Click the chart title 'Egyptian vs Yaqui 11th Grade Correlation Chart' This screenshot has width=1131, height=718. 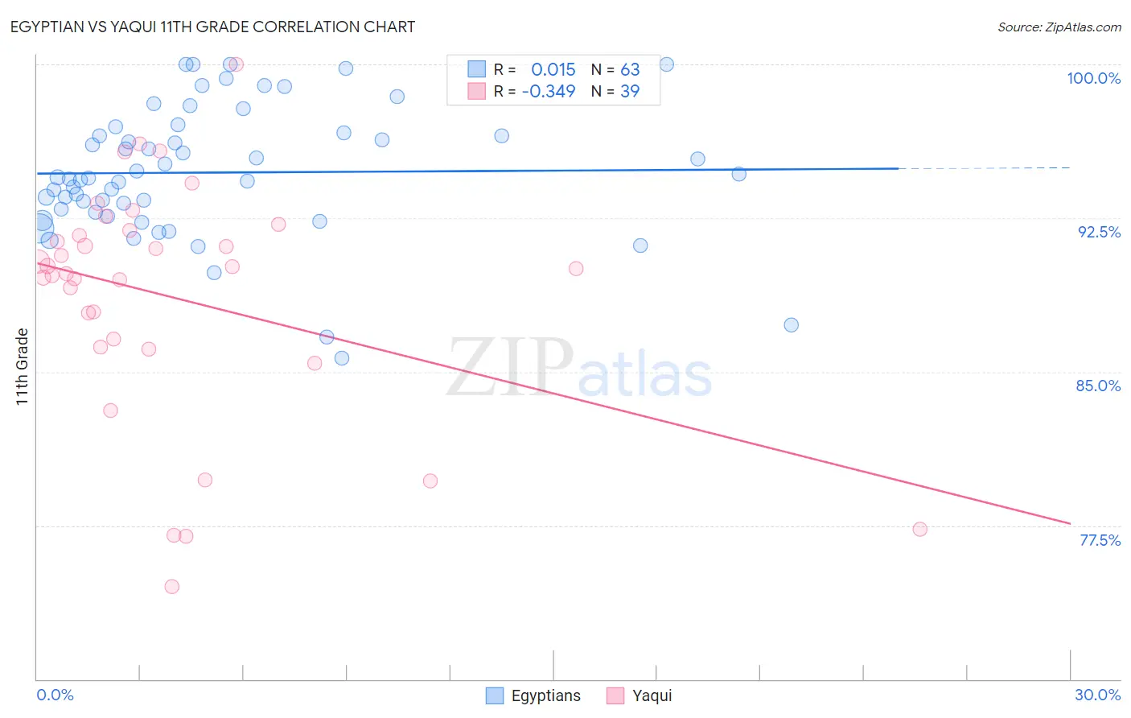212,27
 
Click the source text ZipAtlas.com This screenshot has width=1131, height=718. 1059,27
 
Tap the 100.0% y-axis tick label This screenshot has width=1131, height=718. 1093,78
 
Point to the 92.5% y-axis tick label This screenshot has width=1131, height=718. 1099,232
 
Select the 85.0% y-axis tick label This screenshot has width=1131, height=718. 1098,386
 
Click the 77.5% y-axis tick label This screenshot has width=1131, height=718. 1100,540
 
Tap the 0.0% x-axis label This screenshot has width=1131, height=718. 55,695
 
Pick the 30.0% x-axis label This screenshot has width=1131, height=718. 1097,695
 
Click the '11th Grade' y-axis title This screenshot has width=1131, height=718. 23,366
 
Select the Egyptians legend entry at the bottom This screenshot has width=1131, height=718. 533,695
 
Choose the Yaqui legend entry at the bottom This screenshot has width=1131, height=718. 640,695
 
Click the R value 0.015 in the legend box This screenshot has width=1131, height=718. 553,70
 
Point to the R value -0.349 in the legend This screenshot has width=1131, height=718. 549,92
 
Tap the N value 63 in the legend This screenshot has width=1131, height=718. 630,70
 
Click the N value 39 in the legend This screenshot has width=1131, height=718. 630,92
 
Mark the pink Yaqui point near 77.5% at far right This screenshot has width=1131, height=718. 919,529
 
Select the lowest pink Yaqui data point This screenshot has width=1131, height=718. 171,587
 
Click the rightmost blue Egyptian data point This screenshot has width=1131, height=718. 791,325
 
